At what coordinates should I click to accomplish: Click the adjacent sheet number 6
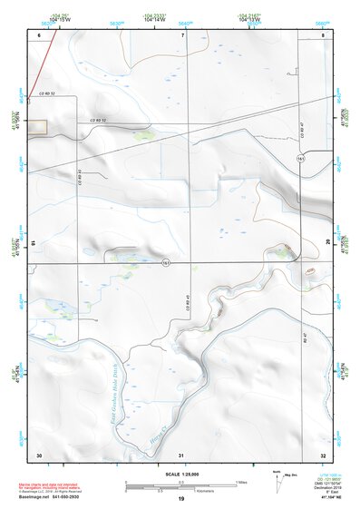[40, 34]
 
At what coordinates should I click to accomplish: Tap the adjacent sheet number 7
[182, 34]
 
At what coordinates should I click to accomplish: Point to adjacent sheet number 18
[34, 242]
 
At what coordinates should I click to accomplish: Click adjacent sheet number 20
[328, 242]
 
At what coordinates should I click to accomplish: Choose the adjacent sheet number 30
[39, 454]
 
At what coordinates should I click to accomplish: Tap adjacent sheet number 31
[181, 454]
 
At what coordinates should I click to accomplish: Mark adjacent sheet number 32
[323, 454]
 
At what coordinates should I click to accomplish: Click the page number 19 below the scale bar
[181, 499]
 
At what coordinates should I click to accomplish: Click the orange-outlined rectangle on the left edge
[36, 127]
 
